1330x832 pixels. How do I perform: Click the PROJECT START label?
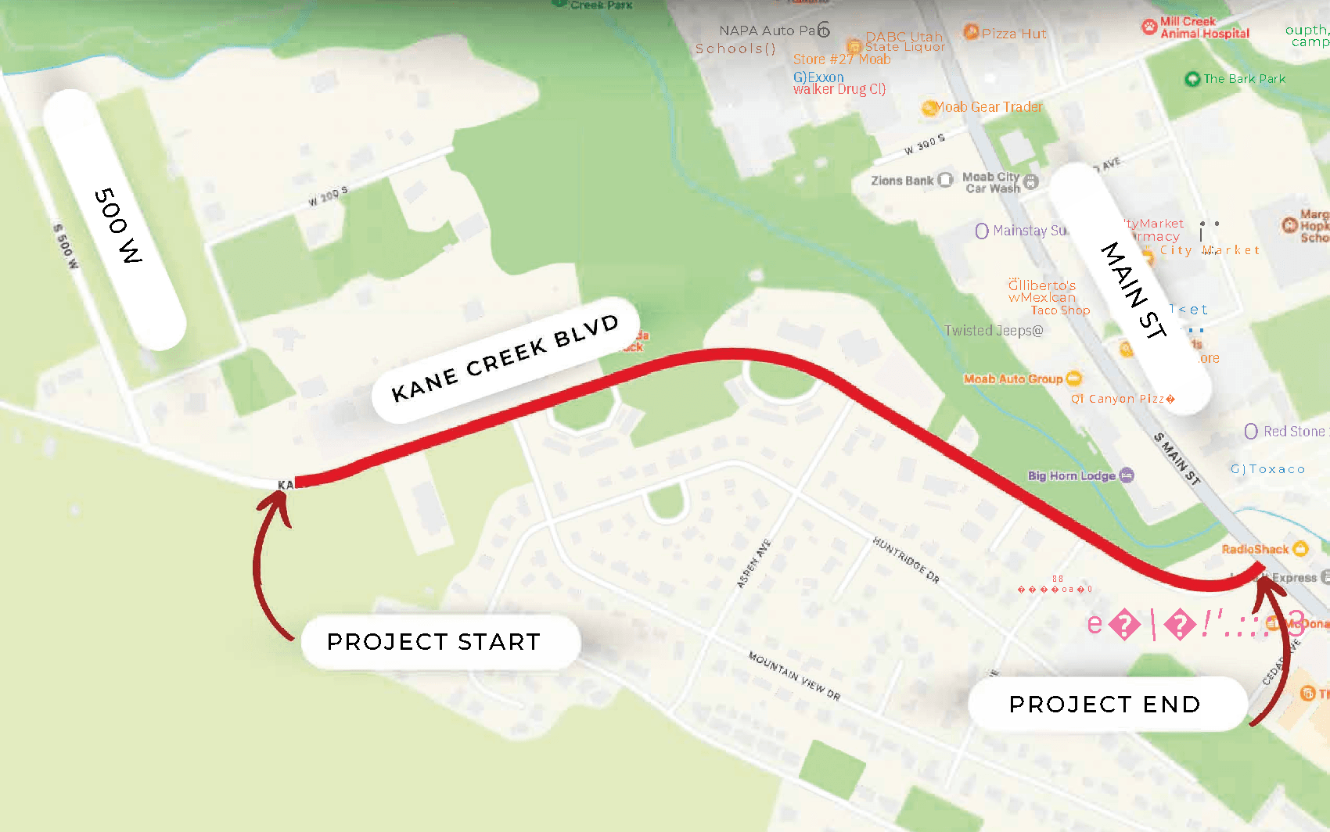tap(434, 642)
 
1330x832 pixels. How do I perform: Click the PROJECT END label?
tap(1105, 705)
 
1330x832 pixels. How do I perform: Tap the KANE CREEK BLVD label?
tap(505, 359)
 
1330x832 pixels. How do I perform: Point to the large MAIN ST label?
tap(1134, 289)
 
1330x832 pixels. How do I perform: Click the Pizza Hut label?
tap(1014, 34)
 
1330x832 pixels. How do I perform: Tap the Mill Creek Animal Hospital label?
tap(1204, 27)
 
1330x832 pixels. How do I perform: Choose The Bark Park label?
tap(1244, 79)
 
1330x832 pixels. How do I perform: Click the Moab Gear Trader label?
tap(989, 107)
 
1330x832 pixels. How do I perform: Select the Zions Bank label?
tap(903, 181)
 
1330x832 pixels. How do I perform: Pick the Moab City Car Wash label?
tap(992, 183)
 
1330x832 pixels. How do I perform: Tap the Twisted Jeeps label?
tap(994, 331)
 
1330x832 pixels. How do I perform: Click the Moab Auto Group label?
tap(1013, 379)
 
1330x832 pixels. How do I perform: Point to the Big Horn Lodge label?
tap(1072, 475)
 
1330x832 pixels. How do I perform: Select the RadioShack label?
tap(1255, 549)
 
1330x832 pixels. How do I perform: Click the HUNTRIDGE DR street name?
tap(906, 560)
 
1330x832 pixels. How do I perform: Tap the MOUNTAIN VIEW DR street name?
tap(794, 676)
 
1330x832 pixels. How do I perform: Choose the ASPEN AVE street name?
tap(753, 563)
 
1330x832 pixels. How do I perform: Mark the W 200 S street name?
tap(328, 195)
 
